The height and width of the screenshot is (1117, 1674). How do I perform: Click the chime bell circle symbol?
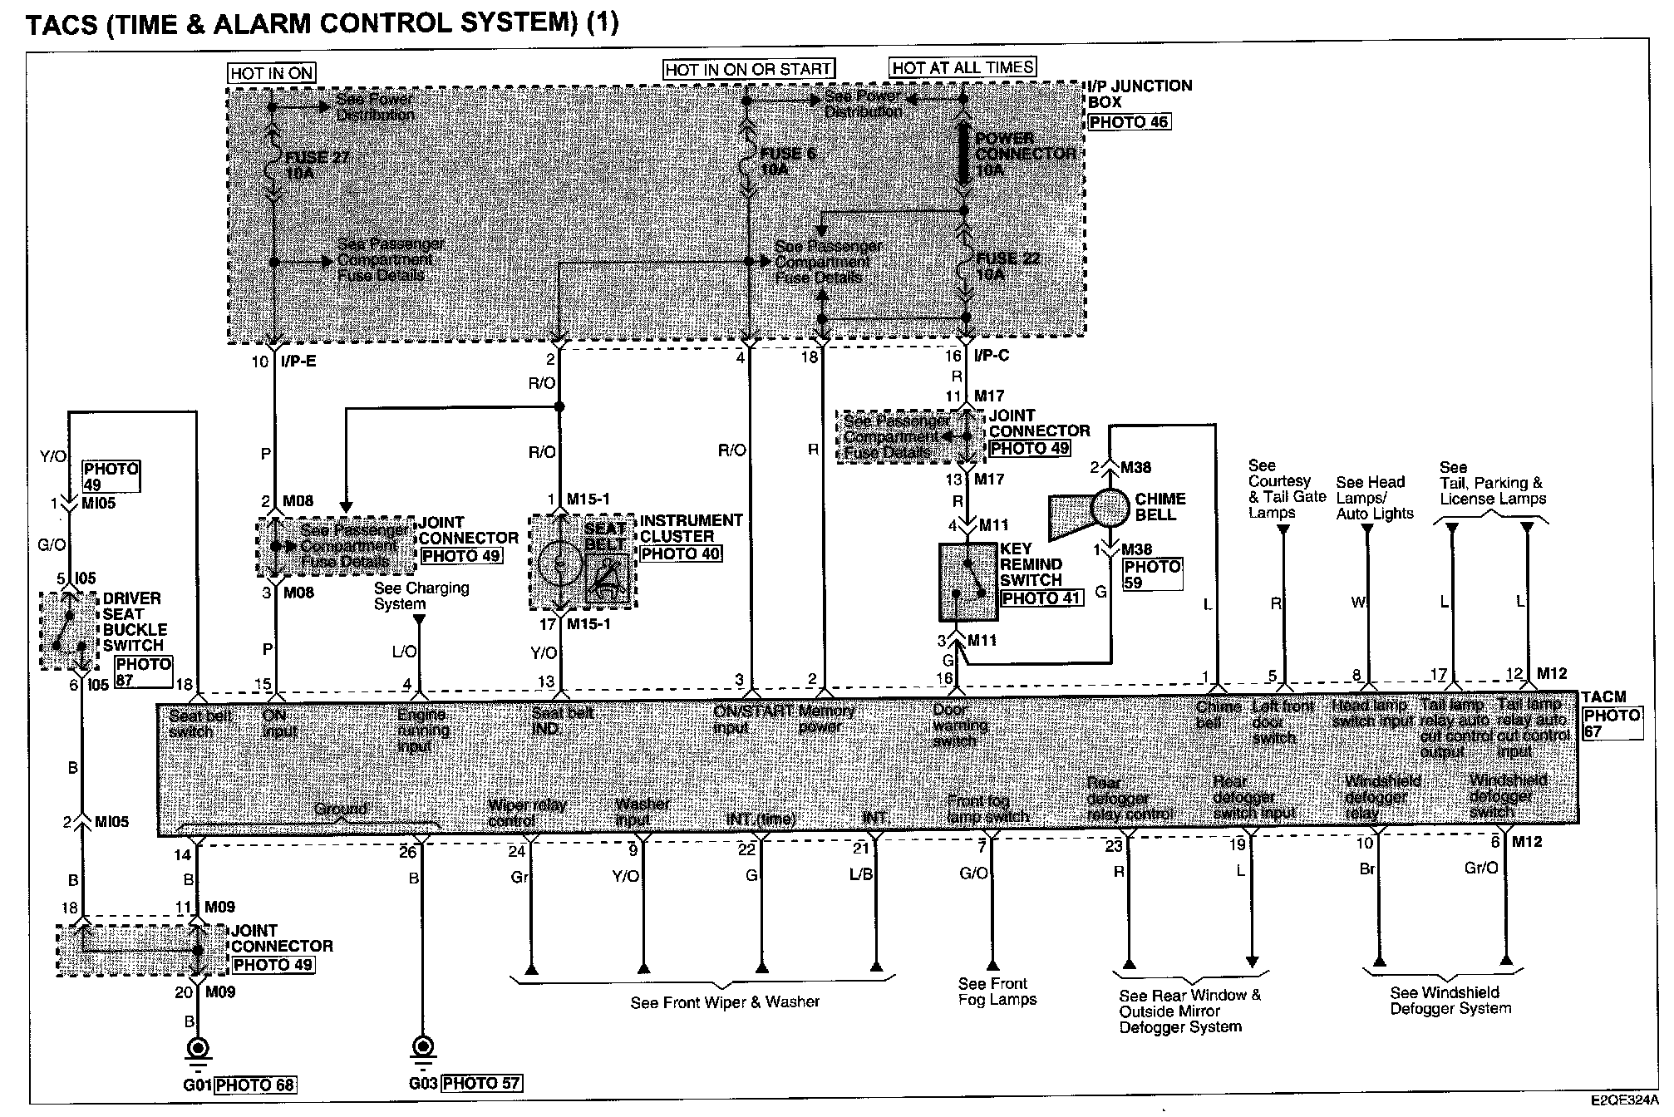point(1110,507)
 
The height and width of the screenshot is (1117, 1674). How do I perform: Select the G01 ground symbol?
point(197,1048)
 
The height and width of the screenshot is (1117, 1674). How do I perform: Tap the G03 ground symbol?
point(422,1046)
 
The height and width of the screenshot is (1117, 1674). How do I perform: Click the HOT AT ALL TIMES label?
point(963,67)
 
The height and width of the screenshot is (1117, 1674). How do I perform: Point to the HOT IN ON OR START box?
point(748,69)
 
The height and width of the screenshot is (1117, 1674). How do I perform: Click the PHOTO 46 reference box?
point(1129,122)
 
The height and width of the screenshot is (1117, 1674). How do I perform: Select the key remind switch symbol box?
point(968,583)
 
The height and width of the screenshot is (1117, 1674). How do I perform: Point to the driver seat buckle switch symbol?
point(69,631)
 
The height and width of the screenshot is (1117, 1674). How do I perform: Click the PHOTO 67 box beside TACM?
point(1612,723)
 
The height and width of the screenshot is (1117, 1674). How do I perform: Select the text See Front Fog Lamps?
point(997,992)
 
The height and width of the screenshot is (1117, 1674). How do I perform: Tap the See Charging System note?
point(421,595)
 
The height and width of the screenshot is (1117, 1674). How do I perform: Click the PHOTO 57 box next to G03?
point(481,1083)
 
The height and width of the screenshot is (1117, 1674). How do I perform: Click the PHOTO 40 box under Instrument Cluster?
point(681,554)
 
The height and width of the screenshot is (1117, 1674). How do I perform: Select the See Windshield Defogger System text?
point(1450,1000)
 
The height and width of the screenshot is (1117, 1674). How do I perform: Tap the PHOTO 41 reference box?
point(1041,598)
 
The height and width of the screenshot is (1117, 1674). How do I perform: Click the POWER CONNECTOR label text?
point(1025,154)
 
